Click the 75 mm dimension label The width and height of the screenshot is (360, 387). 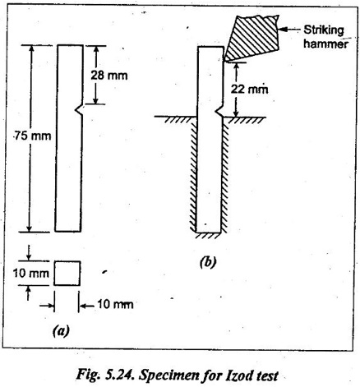pyautogui.click(x=33, y=136)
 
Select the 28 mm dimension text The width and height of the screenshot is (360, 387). pyautogui.click(x=109, y=76)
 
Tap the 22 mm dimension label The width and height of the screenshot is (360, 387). pyautogui.click(x=249, y=89)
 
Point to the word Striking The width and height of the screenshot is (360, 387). pyautogui.click(x=324, y=30)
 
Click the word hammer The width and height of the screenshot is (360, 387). pyautogui.click(x=325, y=44)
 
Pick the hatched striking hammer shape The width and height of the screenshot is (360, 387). pyautogui.click(x=252, y=37)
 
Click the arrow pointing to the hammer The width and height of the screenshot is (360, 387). pyautogui.click(x=289, y=29)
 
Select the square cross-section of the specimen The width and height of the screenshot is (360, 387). pyautogui.click(x=67, y=274)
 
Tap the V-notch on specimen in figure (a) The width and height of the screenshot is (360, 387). pyautogui.click(x=79, y=110)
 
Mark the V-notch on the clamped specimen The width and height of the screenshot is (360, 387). pyautogui.click(x=219, y=112)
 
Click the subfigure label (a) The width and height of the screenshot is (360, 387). pyautogui.click(x=61, y=331)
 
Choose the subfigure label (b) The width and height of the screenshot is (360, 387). pyautogui.click(x=208, y=262)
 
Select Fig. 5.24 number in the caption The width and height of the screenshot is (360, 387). pyautogui.click(x=105, y=375)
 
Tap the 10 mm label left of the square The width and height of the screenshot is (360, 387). pyautogui.click(x=31, y=274)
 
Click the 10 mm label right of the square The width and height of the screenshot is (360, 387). pyautogui.click(x=115, y=304)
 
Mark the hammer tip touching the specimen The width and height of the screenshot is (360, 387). pyautogui.click(x=224, y=61)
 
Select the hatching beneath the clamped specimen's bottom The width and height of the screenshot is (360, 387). pyautogui.click(x=208, y=236)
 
